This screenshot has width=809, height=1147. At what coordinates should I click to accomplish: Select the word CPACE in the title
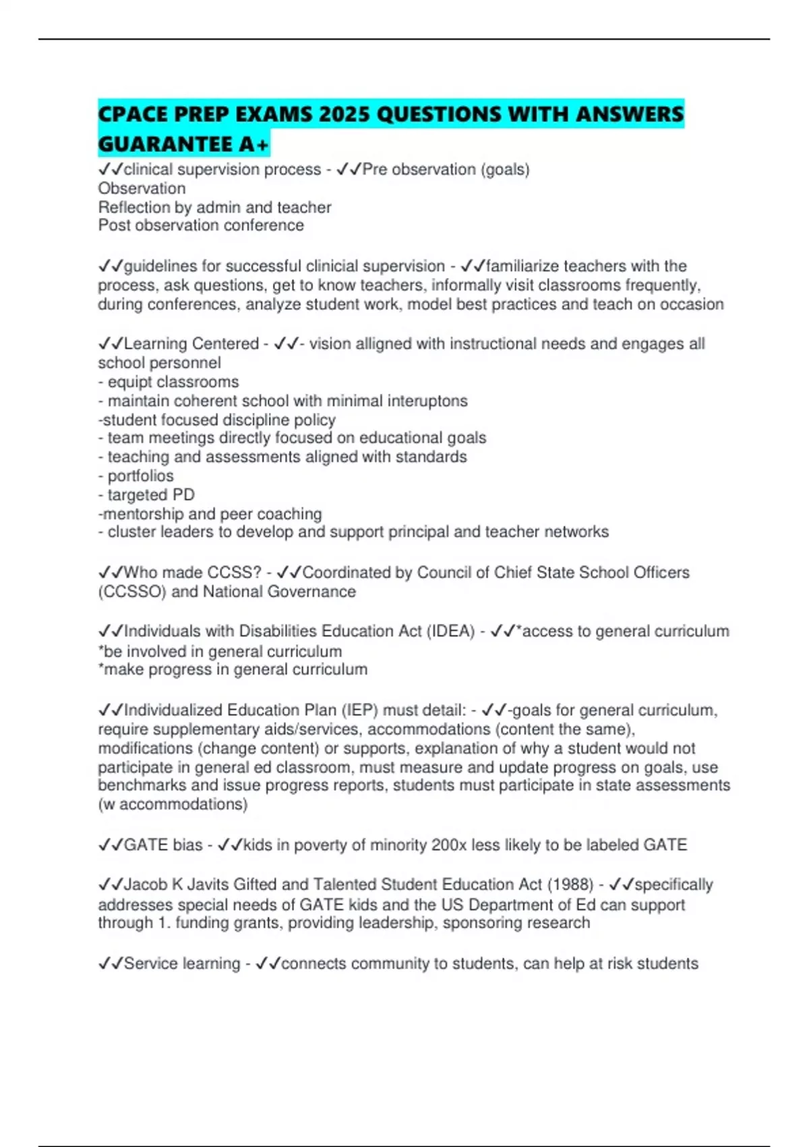click(x=133, y=114)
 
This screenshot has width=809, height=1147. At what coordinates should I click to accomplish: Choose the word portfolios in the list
click(x=140, y=476)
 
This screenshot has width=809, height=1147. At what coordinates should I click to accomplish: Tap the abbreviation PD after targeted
click(x=183, y=495)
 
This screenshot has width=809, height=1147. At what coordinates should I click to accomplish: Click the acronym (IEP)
click(x=359, y=710)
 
